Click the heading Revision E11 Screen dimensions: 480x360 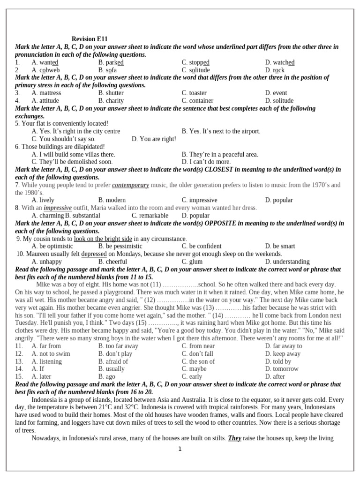92,39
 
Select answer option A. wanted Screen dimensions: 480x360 45,62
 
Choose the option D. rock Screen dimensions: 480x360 275,70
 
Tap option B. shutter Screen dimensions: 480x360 111,93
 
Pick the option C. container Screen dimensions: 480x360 197,100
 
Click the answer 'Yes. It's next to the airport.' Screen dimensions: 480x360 221,131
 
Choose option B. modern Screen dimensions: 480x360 112,200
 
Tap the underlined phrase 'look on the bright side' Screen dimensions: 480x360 103,239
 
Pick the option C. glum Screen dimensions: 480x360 192,262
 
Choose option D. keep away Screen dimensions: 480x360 283,354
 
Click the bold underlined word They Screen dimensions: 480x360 234,438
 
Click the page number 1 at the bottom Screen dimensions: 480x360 180,449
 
